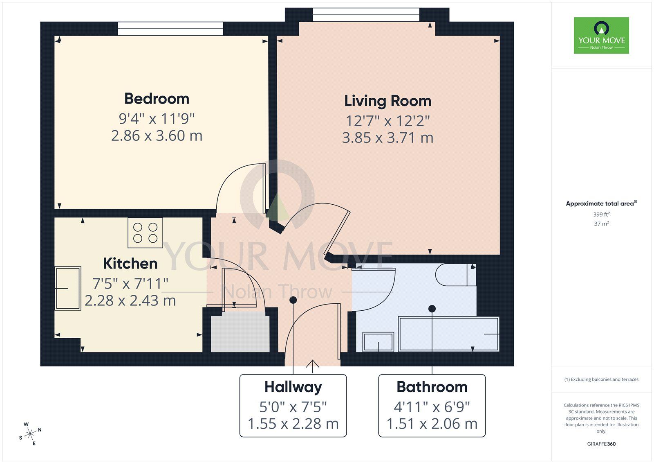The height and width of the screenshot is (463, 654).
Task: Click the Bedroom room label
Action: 157,99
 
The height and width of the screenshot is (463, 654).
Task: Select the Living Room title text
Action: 387,101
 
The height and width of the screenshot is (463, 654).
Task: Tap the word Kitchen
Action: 130,263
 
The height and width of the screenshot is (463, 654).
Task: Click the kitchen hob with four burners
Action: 145,233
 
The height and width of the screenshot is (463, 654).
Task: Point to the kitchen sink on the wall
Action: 68,288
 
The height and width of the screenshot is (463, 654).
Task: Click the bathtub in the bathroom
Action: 448,334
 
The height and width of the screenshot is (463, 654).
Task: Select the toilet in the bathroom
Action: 455,275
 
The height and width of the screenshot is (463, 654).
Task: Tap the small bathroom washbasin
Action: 378,342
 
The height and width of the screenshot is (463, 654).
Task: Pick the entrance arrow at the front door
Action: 313,366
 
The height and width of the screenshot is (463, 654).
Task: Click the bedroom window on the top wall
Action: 170,29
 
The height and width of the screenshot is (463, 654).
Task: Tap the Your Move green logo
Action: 601,35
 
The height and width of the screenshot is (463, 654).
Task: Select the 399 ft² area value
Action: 601,214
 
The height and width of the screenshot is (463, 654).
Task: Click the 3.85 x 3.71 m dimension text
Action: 387,138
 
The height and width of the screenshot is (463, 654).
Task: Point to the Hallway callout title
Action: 293,387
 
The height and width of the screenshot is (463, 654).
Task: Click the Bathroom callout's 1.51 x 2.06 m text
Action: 432,424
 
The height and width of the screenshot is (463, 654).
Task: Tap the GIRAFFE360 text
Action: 601,444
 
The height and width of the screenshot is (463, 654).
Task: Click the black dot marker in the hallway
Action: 293,300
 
